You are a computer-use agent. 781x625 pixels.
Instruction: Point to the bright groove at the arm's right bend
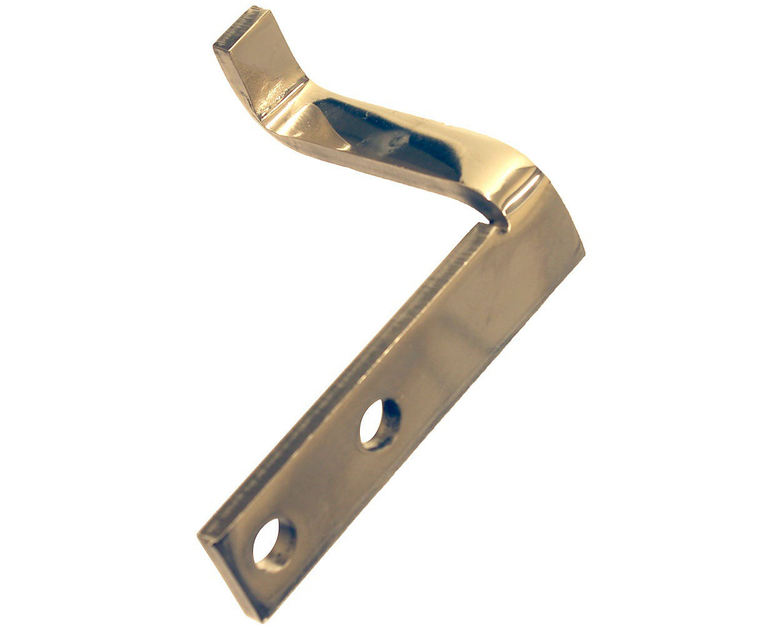click(x=522, y=194)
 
